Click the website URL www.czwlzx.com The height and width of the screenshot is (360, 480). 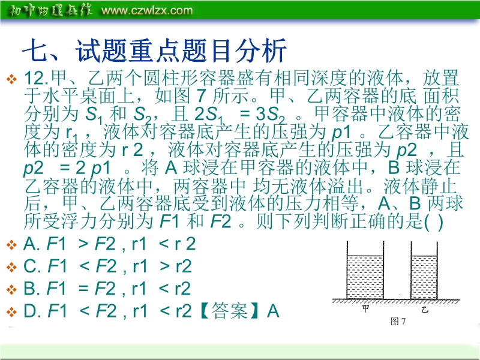[x=147, y=10]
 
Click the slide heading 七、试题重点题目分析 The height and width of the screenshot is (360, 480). [x=154, y=50]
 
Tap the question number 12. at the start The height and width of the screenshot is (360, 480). [x=36, y=78]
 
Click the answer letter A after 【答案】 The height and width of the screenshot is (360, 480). [x=273, y=311]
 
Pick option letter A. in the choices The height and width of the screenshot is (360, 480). [x=32, y=244]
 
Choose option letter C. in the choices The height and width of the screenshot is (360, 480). [x=32, y=266]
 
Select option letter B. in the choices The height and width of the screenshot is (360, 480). [x=32, y=289]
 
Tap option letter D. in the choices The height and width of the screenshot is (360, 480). [x=32, y=311]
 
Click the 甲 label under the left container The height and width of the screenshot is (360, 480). [x=365, y=308]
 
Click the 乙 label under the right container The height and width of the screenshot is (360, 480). [x=424, y=310]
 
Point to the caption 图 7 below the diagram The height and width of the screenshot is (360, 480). [x=398, y=321]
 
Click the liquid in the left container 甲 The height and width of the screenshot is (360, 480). [x=365, y=277]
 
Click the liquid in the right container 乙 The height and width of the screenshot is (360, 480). [x=424, y=277]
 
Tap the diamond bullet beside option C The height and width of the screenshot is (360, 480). [x=11, y=267]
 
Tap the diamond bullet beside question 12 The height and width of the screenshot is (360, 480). [x=11, y=79]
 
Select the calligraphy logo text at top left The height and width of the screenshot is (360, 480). [x=49, y=10]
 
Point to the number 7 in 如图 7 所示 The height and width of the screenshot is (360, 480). [x=200, y=96]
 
